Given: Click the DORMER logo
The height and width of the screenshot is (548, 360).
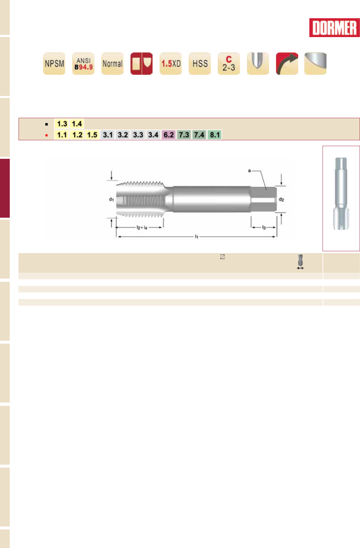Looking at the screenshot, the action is click(x=334, y=28).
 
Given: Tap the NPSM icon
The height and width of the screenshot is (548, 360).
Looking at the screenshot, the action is click(x=54, y=63).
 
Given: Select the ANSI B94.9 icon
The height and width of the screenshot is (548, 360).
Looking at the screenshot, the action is click(x=83, y=63).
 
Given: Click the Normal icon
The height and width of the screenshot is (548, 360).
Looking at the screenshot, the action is click(x=112, y=63).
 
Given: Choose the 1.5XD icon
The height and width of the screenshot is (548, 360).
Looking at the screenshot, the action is click(x=171, y=63).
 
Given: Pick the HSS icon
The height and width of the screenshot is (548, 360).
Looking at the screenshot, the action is click(x=200, y=63).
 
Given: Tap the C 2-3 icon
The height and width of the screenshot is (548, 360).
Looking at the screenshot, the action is click(x=229, y=63).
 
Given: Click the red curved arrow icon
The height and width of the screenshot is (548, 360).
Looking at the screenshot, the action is click(x=287, y=63).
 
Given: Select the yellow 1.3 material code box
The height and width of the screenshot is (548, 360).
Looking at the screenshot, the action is click(x=62, y=124).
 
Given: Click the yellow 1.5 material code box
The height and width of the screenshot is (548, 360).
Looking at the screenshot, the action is click(x=92, y=135).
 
